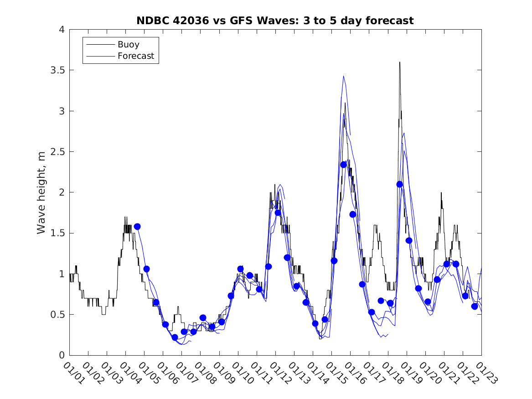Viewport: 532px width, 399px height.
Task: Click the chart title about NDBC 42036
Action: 275,21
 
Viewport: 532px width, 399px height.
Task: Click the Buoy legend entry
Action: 129,45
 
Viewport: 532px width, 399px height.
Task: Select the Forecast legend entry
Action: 136,57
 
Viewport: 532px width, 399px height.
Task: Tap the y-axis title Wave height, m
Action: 41,192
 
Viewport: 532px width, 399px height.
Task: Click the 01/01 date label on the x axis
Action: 73,373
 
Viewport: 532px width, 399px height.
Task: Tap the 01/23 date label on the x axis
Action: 485,373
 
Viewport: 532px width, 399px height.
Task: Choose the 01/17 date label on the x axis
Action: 373,373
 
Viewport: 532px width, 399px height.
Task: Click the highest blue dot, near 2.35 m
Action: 344,165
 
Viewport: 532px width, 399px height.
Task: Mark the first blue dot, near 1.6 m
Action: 137,227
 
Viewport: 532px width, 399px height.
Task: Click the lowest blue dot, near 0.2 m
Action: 175,337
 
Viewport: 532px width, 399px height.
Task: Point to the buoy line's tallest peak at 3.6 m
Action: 400,62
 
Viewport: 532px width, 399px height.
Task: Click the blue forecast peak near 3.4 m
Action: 343,76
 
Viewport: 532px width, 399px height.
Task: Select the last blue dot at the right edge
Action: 475,306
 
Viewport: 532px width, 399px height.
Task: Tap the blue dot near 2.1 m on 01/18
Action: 400,184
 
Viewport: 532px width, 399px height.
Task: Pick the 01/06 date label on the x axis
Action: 167,373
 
